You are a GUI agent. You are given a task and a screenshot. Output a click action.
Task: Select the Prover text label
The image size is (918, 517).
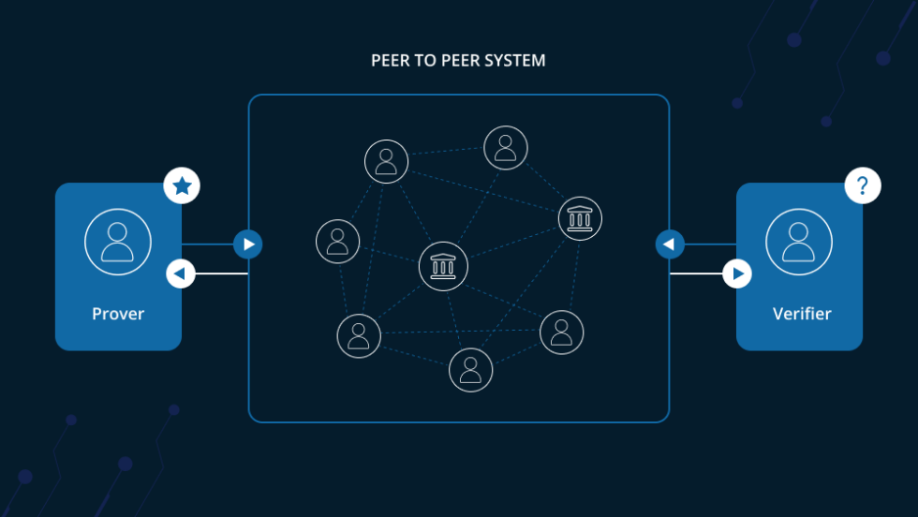(118, 314)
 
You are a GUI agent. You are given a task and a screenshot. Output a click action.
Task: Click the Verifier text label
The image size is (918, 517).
(801, 314)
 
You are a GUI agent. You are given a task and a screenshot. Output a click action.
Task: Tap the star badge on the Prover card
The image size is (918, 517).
(182, 186)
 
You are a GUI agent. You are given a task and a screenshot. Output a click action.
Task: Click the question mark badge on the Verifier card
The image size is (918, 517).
(863, 186)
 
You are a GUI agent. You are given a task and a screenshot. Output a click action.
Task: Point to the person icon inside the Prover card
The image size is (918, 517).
(118, 242)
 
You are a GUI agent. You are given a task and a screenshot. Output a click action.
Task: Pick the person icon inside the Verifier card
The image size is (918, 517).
(799, 242)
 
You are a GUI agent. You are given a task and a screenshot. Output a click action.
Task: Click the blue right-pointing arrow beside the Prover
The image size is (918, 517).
(247, 244)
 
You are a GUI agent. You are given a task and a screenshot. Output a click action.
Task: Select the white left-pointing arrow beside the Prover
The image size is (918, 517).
(181, 274)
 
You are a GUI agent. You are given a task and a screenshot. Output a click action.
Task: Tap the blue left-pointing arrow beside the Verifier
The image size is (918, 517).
(669, 244)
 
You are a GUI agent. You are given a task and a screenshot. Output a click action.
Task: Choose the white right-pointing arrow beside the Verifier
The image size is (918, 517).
(737, 274)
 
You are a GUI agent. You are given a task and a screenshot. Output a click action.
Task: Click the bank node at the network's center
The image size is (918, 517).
(443, 266)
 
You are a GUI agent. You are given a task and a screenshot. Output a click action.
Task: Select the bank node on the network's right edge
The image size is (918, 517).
(580, 218)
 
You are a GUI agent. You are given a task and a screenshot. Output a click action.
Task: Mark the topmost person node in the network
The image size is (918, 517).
(506, 148)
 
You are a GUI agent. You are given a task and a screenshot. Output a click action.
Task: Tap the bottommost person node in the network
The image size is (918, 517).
(471, 370)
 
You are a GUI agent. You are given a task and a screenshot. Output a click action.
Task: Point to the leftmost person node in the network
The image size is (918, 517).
(338, 242)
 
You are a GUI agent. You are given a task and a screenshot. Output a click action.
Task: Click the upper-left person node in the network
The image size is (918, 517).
(386, 161)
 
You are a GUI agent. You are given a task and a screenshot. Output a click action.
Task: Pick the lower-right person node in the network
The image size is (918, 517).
(562, 332)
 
